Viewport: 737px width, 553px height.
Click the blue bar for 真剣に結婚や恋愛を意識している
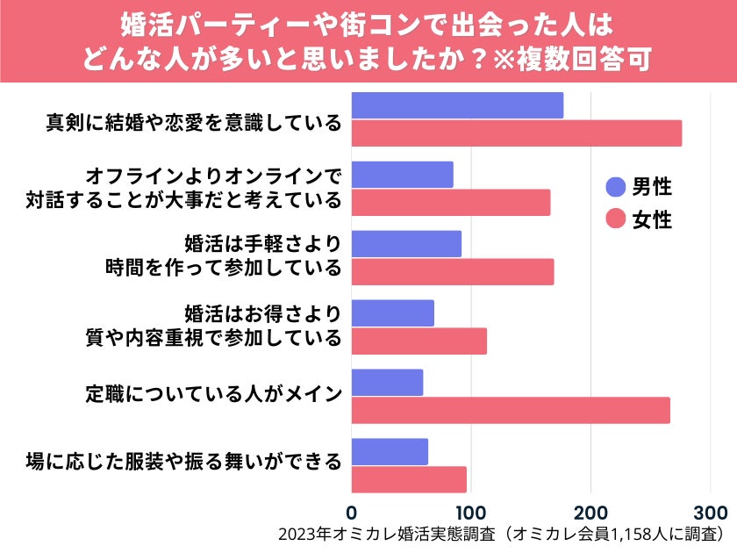(x=457, y=105)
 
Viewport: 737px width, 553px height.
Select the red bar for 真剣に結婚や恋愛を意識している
(x=517, y=133)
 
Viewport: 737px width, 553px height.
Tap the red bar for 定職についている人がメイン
(x=511, y=410)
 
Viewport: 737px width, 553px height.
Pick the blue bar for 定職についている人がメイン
(x=387, y=383)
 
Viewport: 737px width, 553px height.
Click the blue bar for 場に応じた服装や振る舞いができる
(x=390, y=452)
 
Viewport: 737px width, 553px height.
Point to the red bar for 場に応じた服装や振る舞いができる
(x=409, y=479)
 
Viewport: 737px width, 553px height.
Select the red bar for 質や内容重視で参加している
(x=419, y=341)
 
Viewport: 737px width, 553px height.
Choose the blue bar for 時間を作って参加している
(x=406, y=244)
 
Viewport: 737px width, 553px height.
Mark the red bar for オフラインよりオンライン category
(x=451, y=202)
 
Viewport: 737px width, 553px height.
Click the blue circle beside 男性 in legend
(x=616, y=186)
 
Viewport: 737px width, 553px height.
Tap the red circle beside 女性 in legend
(x=616, y=219)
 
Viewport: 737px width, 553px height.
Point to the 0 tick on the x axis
(x=352, y=512)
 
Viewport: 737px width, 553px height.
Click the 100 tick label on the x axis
(x=471, y=512)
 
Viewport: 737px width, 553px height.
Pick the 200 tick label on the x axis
(x=591, y=512)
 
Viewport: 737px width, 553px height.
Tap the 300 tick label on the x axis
(x=711, y=512)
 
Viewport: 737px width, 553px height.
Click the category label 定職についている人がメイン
(x=213, y=393)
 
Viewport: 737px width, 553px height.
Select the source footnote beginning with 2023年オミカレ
(x=501, y=535)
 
